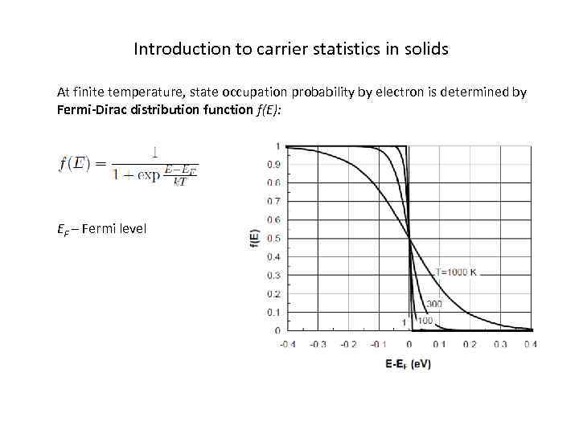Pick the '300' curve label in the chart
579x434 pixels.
point(434,304)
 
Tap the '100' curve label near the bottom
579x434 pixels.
point(425,321)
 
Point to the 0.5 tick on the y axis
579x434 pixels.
point(273,239)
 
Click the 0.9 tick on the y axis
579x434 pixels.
point(273,165)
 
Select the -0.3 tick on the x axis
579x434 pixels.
point(318,344)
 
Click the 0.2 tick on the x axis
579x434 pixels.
point(470,344)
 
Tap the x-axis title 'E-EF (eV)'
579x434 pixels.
point(409,363)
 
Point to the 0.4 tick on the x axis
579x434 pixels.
point(530,344)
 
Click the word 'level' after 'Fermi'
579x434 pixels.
point(129,229)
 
